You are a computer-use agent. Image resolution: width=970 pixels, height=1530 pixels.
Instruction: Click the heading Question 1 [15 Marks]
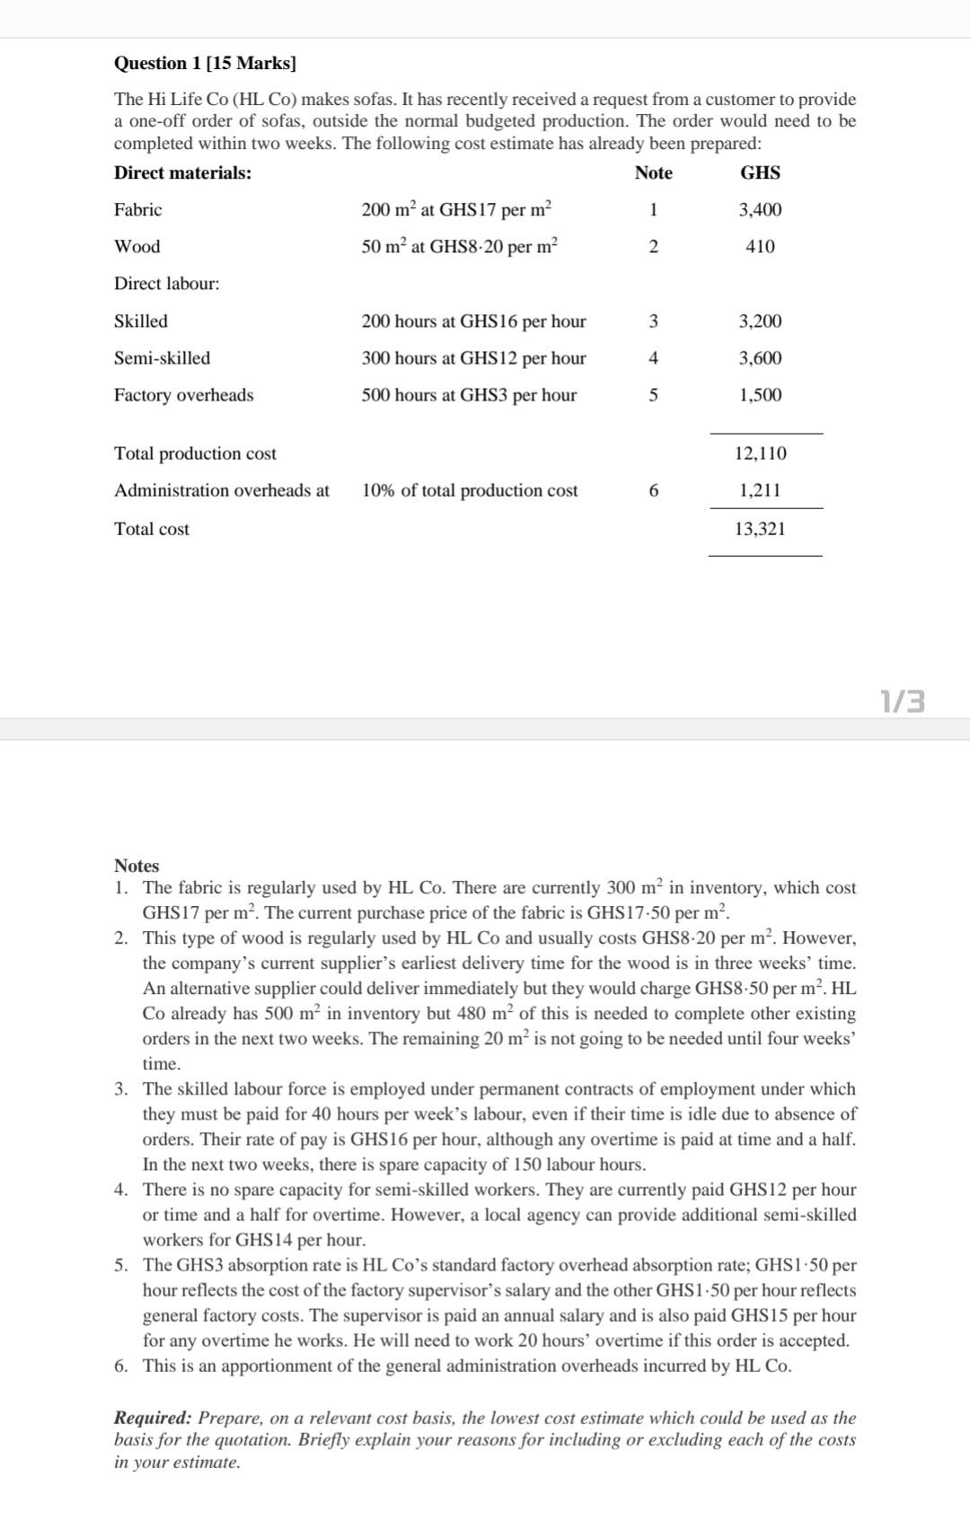(205, 63)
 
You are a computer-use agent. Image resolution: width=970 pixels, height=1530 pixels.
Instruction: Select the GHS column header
(760, 172)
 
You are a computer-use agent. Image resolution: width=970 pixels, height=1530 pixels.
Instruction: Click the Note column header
(653, 172)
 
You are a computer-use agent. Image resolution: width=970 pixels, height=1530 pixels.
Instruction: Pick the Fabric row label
(137, 209)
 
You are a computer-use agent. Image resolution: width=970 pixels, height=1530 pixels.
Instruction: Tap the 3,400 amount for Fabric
(760, 209)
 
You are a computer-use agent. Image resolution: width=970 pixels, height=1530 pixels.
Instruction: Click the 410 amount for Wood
(760, 246)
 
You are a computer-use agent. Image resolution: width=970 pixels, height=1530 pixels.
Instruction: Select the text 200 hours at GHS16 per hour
(473, 321)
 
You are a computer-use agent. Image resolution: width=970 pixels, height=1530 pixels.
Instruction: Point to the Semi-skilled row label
(162, 357)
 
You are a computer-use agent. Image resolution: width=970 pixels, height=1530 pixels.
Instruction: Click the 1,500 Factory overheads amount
(760, 394)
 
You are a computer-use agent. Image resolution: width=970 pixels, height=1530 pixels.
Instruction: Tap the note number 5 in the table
(653, 394)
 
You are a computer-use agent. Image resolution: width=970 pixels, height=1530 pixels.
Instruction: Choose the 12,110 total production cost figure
(760, 453)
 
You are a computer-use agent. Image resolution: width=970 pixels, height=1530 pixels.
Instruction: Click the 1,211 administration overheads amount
(760, 490)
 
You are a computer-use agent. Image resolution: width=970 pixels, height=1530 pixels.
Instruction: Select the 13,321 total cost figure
(760, 529)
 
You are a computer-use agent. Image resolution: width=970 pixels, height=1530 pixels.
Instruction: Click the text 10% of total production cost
(470, 490)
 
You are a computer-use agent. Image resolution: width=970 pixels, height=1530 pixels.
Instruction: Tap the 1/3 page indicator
(903, 700)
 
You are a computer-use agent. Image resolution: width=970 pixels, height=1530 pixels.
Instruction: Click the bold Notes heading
(137, 866)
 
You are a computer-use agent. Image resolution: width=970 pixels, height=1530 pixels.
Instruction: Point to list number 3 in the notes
(120, 1089)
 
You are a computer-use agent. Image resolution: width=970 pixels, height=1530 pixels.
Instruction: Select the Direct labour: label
(166, 284)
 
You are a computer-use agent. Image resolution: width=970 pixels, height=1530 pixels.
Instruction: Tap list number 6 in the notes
(120, 1366)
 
